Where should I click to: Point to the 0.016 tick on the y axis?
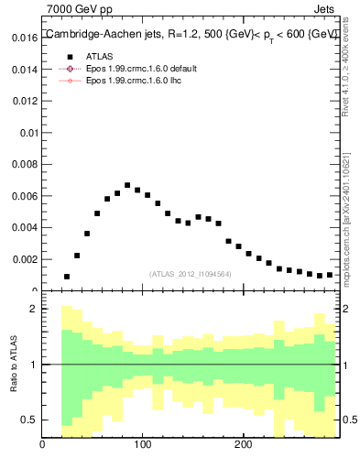tap(25, 38)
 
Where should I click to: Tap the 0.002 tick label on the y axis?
tap(25, 259)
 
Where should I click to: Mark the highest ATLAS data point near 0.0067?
tap(127, 185)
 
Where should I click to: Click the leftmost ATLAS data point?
tap(67, 276)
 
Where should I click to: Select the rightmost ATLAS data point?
tap(330, 275)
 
